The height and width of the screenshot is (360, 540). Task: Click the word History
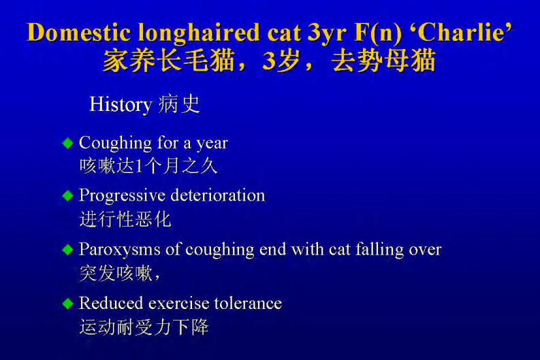coord(120,105)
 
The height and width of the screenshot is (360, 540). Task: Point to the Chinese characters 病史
coord(178,105)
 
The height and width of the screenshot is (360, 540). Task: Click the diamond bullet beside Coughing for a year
coord(67,143)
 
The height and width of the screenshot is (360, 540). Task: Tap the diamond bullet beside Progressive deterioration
coord(67,195)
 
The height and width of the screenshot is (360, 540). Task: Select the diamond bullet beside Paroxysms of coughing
coord(67,250)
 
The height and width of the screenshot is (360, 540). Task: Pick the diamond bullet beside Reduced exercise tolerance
coord(67,303)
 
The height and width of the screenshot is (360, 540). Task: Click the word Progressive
coord(122,195)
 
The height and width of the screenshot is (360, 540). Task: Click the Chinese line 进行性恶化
coord(125,219)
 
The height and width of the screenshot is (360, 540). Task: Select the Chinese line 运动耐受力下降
coord(144,327)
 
